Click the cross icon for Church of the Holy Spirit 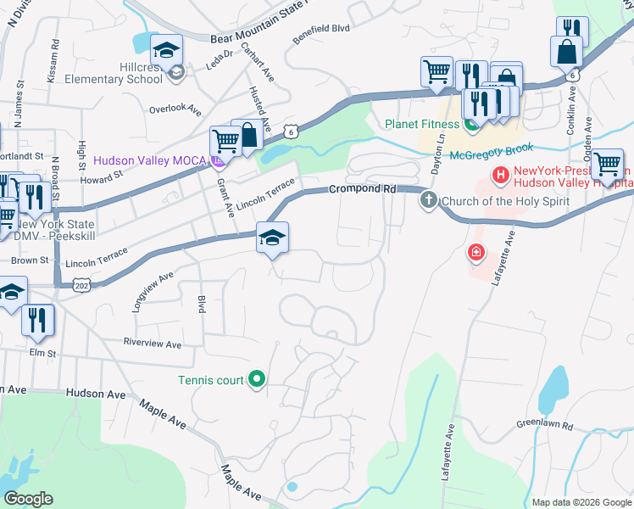pos(429,201)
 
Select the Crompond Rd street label pos(363,189)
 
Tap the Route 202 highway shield pos(81,288)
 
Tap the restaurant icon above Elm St pos(37,320)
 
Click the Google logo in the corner pos(28,499)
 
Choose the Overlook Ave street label pos(175,109)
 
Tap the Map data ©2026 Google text pos(581,502)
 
